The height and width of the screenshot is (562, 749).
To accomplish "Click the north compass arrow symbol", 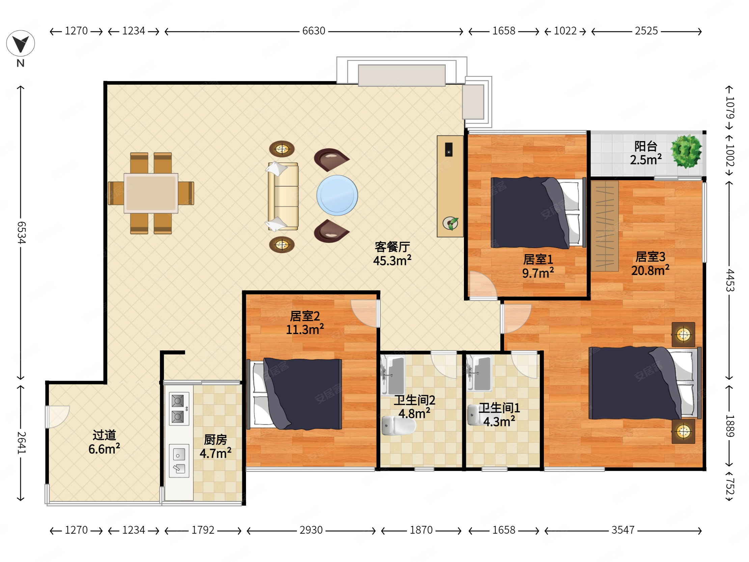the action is click(x=20, y=44).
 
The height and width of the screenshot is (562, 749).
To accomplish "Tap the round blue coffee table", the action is click(x=337, y=195).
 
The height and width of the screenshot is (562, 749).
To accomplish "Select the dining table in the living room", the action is click(x=151, y=193).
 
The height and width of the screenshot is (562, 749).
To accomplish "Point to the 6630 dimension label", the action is click(x=313, y=31).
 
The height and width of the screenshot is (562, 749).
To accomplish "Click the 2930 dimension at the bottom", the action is click(x=311, y=530).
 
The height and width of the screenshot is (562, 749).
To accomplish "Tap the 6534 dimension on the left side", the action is click(x=21, y=232).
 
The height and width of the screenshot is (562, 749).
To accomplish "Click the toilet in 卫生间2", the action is click(x=398, y=426).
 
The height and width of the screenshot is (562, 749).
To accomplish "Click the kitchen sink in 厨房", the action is click(x=179, y=461).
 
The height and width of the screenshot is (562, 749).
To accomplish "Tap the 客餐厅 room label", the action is click(x=392, y=247).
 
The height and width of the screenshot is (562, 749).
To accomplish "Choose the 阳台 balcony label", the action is click(x=646, y=146).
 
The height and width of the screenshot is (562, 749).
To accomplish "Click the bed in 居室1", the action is click(x=538, y=212).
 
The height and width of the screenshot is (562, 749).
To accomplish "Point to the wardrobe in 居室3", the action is click(x=605, y=226).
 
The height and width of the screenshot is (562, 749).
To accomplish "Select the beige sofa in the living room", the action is click(x=283, y=196).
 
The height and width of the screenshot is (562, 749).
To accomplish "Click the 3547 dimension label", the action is click(x=623, y=530).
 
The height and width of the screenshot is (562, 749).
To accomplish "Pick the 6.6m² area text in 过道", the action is click(x=104, y=449).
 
